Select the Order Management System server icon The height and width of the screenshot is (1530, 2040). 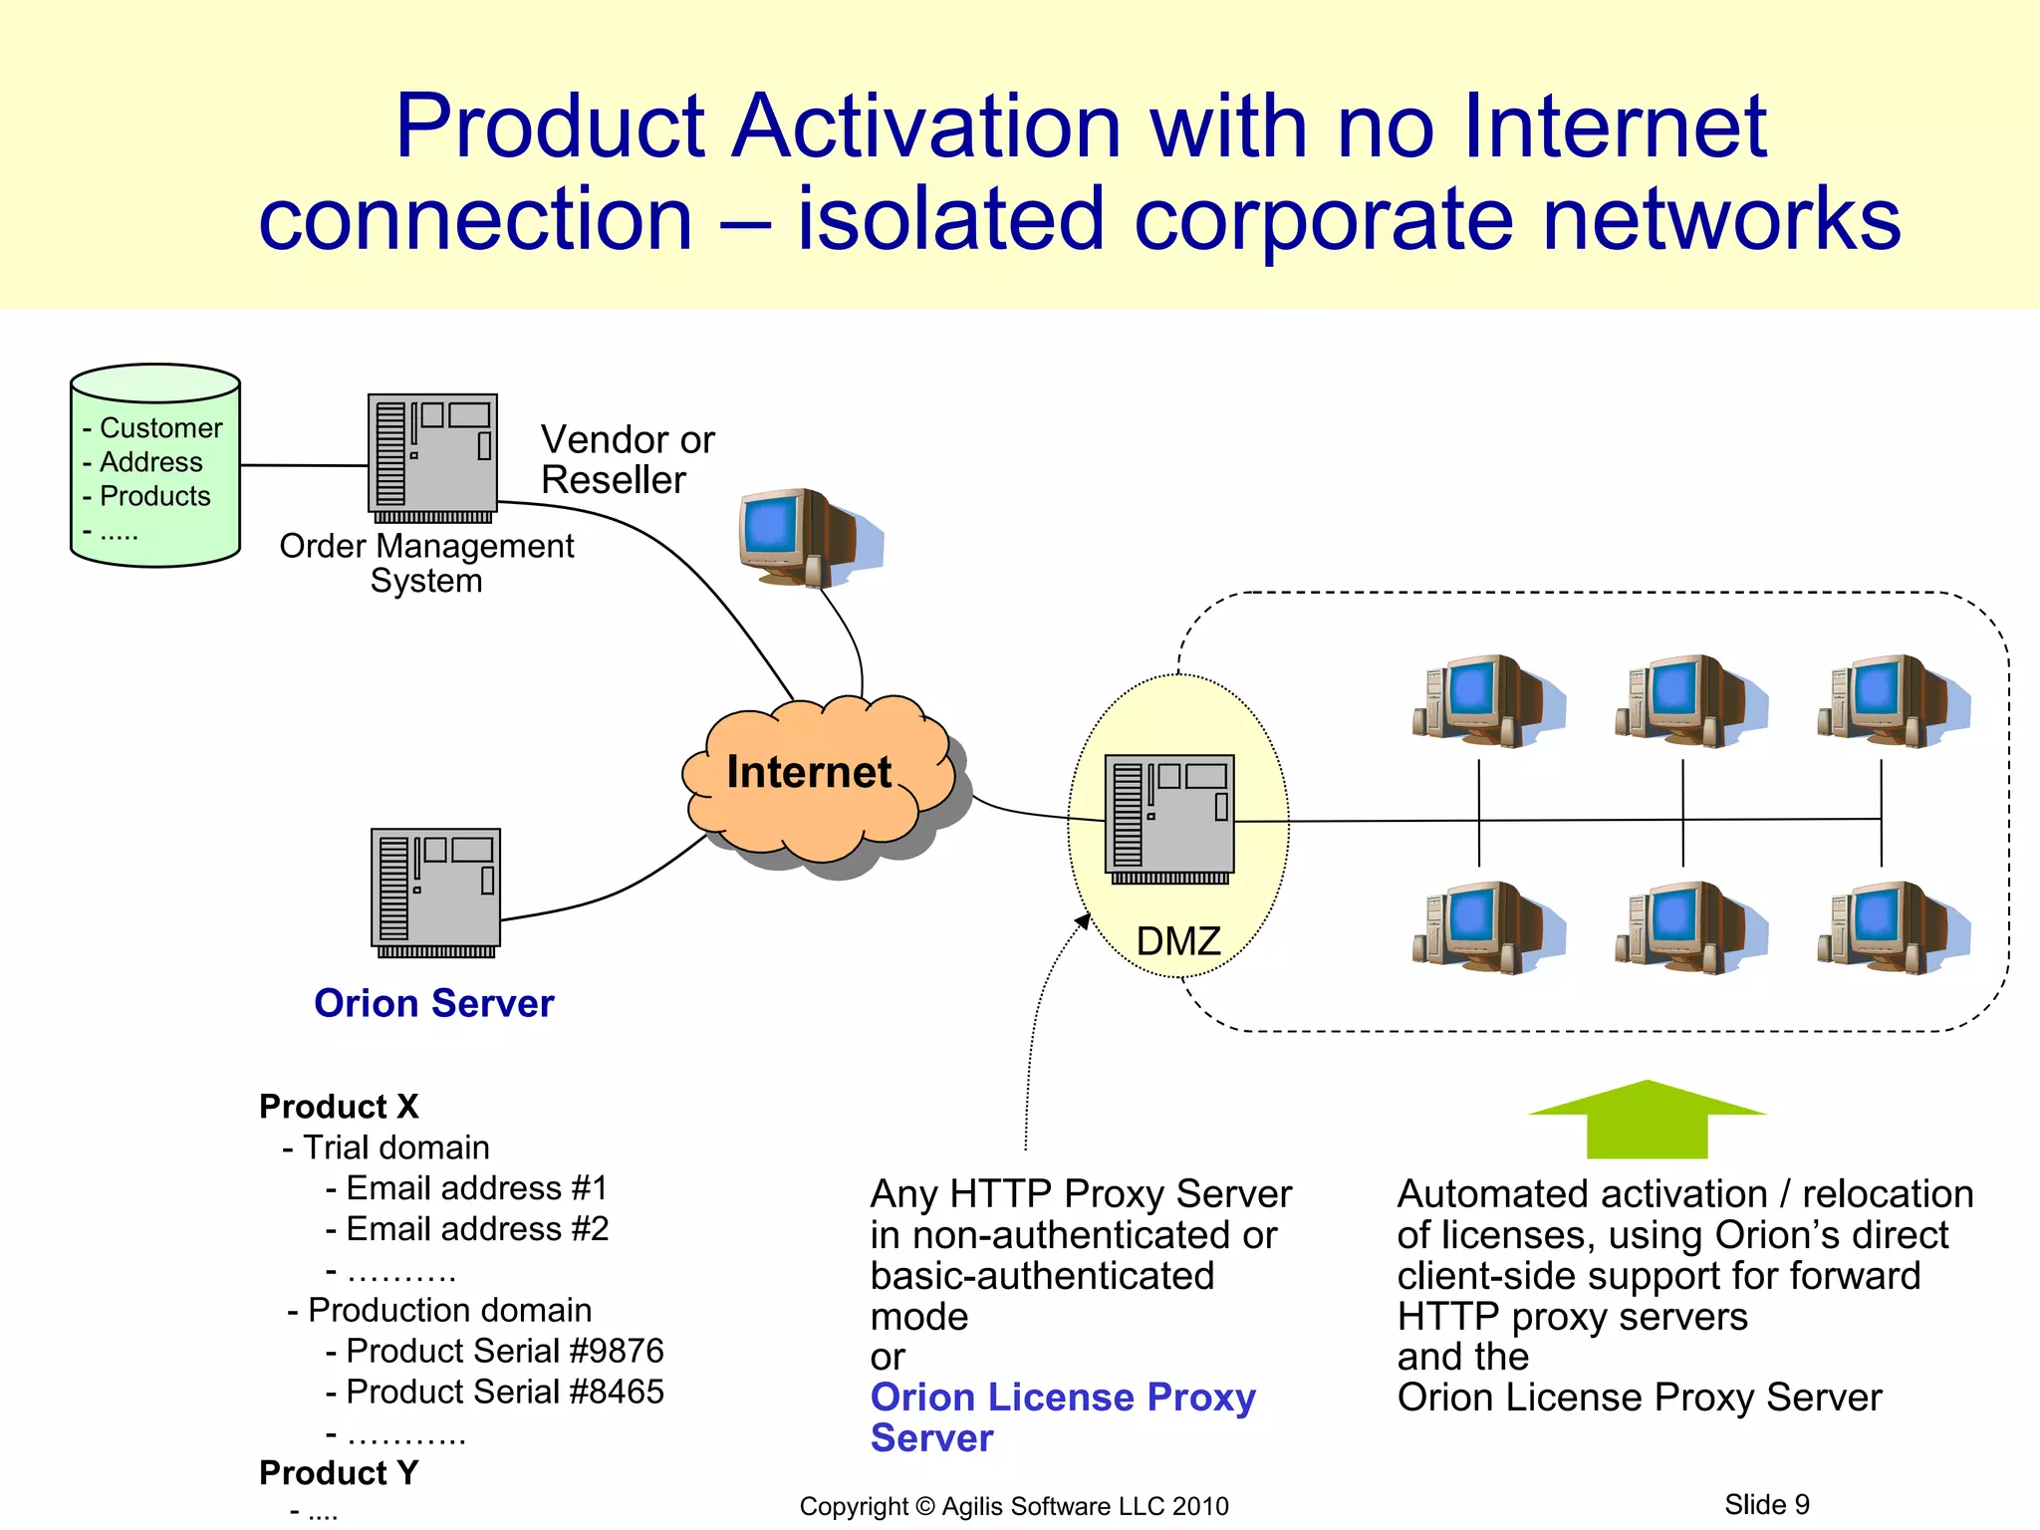click(x=432, y=457)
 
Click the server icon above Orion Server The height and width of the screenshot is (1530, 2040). click(x=435, y=892)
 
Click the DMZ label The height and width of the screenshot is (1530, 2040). click(x=1177, y=941)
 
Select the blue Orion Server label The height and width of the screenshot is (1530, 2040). click(x=433, y=1003)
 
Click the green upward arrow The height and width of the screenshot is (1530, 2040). click(x=1647, y=1121)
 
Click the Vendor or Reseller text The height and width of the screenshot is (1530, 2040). click(x=627, y=459)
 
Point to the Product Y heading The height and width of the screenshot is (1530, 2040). click(x=339, y=1472)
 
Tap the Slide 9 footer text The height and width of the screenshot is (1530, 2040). click(x=1766, y=1504)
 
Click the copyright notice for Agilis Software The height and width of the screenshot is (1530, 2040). click(x=1013, y=1506)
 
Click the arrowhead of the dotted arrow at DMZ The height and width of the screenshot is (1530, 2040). click(x=1084, y=920)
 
